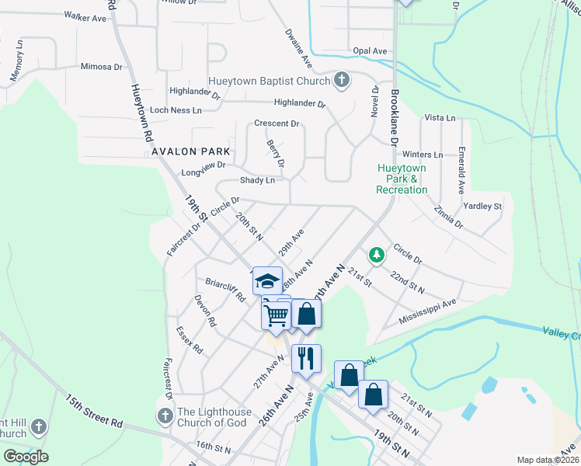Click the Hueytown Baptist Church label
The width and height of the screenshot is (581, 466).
point(268,81)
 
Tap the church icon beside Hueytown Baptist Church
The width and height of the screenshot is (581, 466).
point(341,80)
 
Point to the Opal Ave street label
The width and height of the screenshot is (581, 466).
point(370,51)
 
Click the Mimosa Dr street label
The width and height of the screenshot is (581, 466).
point(102,67)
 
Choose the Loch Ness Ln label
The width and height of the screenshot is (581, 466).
point(176,110)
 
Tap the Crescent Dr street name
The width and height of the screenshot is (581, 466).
point(277,123)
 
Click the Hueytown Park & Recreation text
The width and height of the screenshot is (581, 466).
point(402,179)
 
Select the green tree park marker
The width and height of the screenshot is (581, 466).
point(376,255)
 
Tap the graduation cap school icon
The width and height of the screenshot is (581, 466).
point(267,280)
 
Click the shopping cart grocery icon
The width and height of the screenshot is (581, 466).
point(276,315)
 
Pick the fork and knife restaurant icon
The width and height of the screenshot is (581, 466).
point(306,357)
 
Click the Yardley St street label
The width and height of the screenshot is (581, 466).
point(482,207)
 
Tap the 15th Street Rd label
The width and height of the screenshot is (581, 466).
point(94,412)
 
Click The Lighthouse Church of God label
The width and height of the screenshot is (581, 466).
point(212,417)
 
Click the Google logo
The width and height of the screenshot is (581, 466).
point(26,457)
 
